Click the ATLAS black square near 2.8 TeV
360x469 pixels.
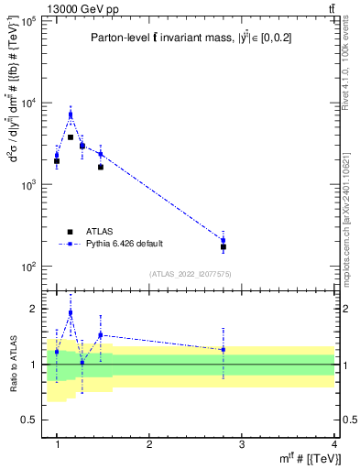224,247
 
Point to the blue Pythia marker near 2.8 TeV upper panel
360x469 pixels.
224,240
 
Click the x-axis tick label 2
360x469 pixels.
149,444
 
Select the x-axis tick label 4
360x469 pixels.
334,444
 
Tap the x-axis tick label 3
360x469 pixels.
242,444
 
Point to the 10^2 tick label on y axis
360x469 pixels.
27,267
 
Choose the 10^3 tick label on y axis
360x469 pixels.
27,185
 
